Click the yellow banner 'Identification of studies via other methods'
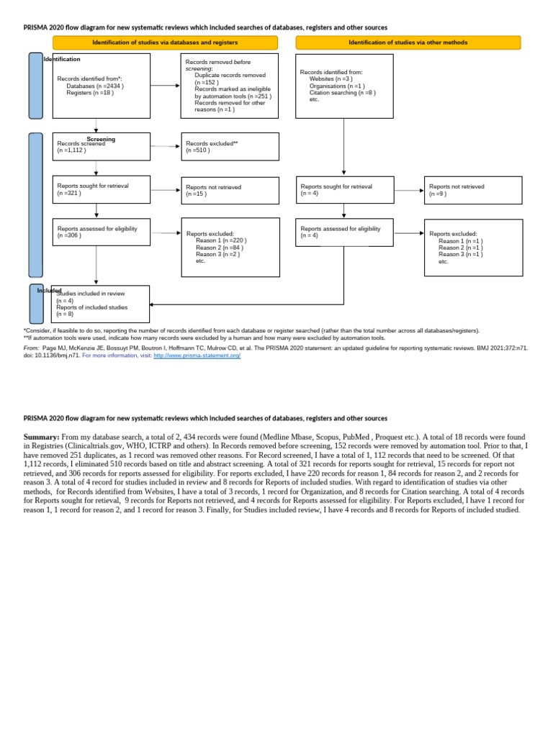click(408, 42)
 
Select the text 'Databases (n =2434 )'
click(95, 86)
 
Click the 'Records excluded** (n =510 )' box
click(230, 147)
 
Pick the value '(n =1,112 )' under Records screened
click(71, 150)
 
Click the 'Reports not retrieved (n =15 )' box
click(230, 190)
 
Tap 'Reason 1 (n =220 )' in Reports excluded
click(221, 240)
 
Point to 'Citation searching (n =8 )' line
click(342, 92)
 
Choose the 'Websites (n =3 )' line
click(331, 78)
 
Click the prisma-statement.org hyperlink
click(197, 356)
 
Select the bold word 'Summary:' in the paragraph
click(41, 437)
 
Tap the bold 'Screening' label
click(101, 139)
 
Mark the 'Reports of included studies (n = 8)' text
click(91, 310)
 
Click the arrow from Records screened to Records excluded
click(165, 146)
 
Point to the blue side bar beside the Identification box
click(35, 86)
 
